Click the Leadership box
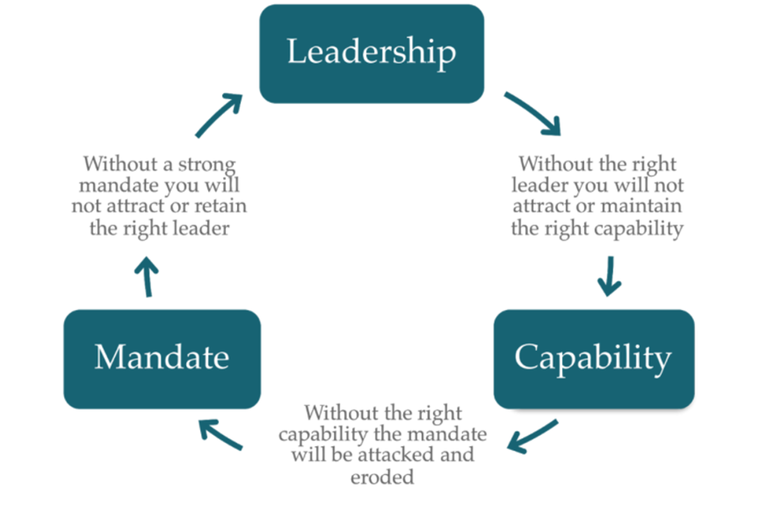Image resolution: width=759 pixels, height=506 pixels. pos(371,54)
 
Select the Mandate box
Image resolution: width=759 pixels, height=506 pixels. pos(162,359)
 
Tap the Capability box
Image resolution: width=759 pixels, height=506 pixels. pos(593,359)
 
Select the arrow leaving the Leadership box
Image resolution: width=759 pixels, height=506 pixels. pos(533,114)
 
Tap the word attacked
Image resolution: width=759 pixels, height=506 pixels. pos(437,455)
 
